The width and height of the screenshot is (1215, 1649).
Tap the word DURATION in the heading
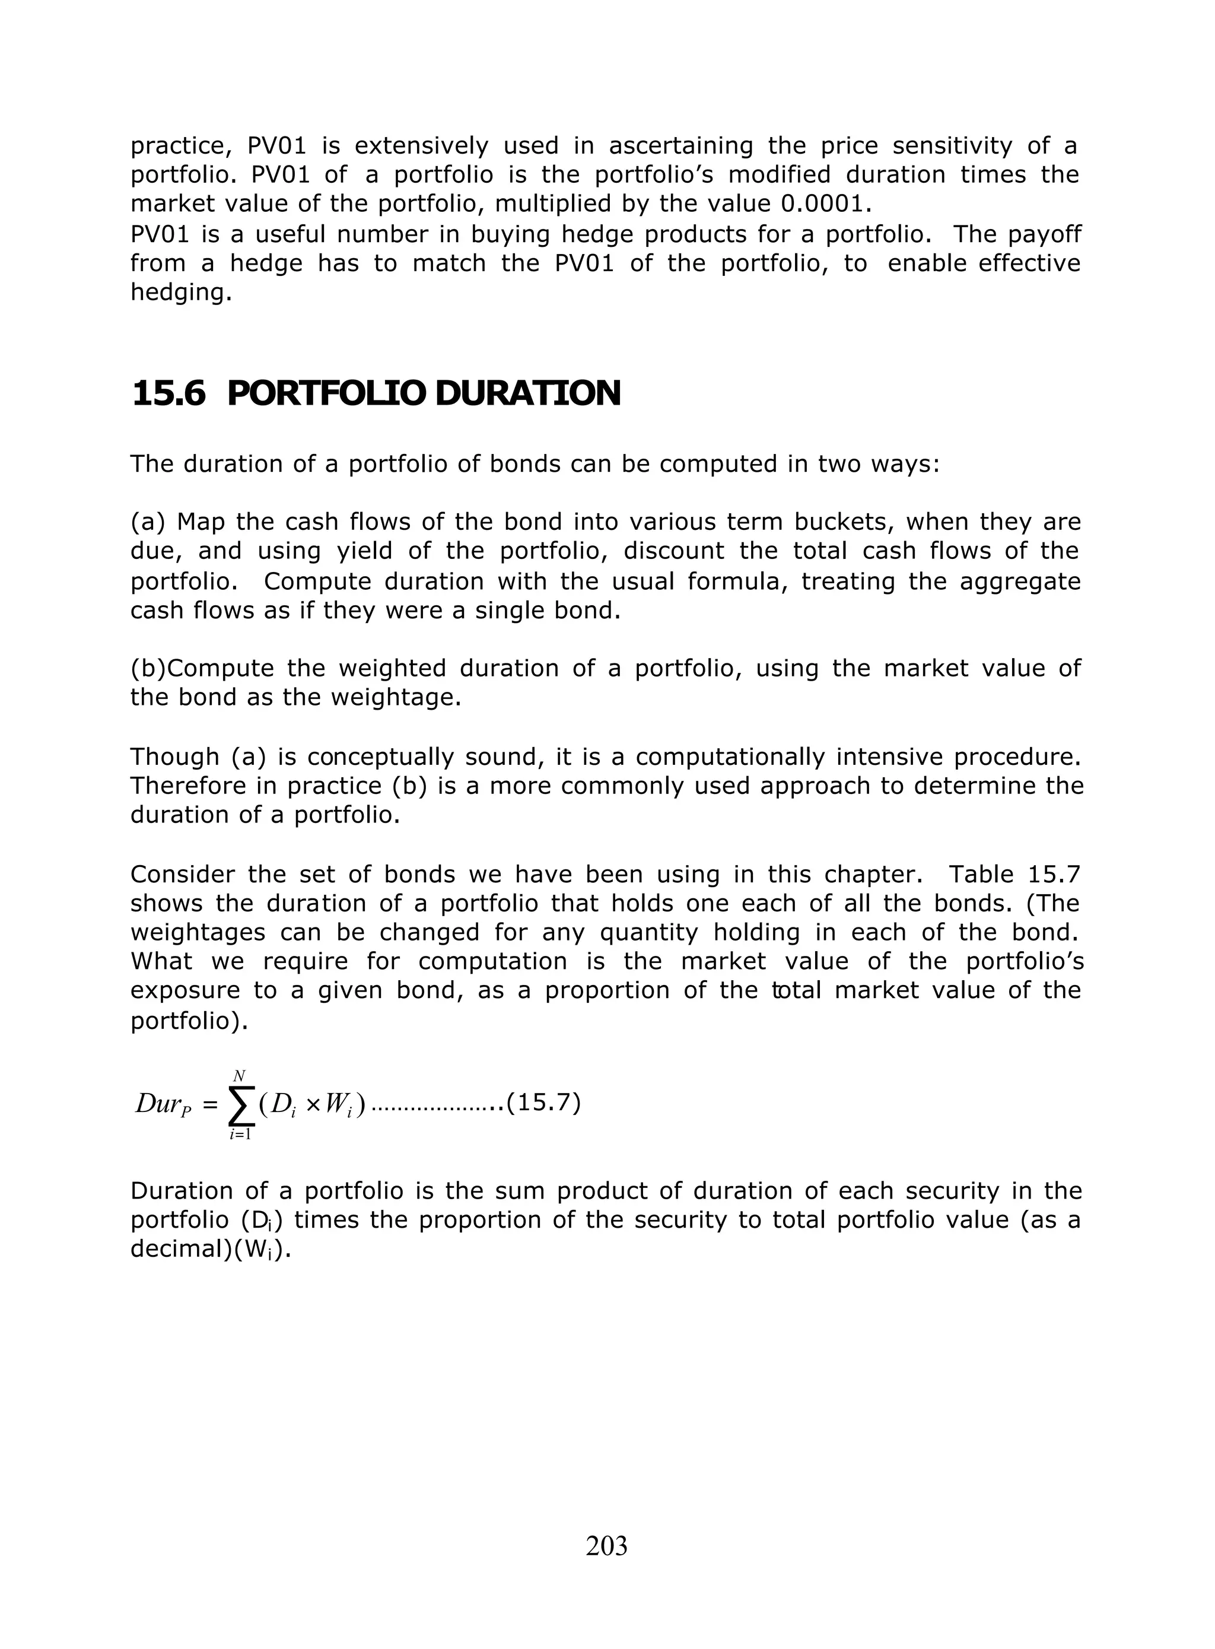[527, 393]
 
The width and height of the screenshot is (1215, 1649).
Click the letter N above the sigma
[239, 1076]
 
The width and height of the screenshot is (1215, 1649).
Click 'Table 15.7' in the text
[1013, 874]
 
